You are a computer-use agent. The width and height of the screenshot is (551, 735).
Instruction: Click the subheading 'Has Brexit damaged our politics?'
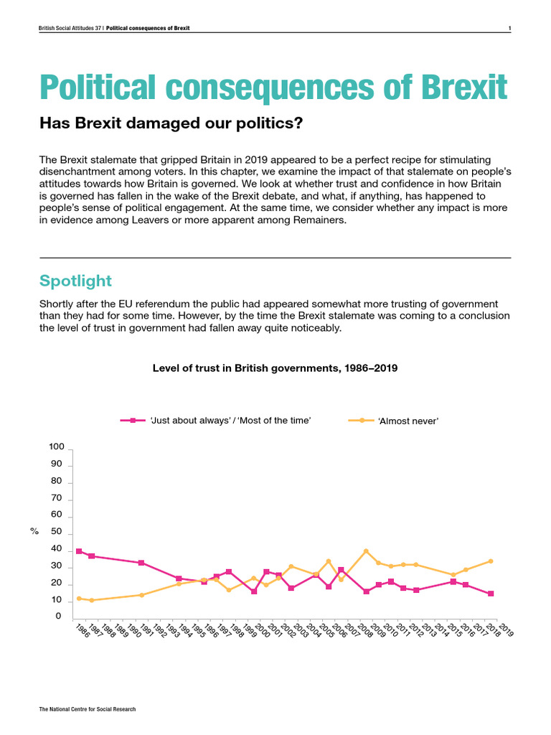pyautogui.click(x=171, y=123)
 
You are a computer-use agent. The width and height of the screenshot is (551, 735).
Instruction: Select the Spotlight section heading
pyautogui.click(x=75, y=280)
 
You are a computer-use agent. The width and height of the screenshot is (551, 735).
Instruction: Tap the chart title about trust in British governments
pyautogui.click(x=275, y=367)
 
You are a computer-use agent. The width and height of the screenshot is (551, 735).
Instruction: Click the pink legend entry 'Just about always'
pyautogui.click(x=230, y=421)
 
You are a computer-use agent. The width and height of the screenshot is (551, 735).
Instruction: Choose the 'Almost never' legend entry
pyautogui.click(x=408, y=421)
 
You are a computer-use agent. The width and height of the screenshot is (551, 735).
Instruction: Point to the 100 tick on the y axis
pyautogui.click(x=57, y=447)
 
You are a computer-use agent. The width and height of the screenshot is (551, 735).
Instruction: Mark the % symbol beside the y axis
pyautogui.click(x=34, y=531)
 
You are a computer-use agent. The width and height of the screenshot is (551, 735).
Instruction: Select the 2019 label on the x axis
pyautogui.click(x=506, y=632)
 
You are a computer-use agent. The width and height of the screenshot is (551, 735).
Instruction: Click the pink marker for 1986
pyautogui.click(x=79, y=551)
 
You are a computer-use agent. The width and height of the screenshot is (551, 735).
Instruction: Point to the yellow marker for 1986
pyautogui.click(x=79, y=598)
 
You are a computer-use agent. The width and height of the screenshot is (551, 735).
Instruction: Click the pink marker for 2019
pyautogui.click(x=491, y=594)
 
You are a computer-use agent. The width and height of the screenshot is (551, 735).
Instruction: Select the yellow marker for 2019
pyautogui.click(x=491, y=561)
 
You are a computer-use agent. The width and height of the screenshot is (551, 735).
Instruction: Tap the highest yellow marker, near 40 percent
pyautogui.click(x=366, y=551)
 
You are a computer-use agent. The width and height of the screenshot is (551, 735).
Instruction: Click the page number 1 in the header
pyautogui.click(x=509, y=29)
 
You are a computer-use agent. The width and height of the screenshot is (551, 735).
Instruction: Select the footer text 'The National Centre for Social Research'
pyautogui.click(x=88, y=709)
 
